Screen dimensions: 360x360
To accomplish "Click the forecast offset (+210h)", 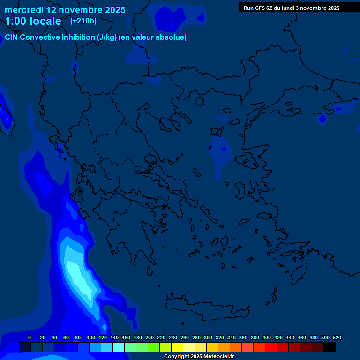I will tap(83, 21).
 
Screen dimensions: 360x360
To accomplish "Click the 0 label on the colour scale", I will tap(30, 337).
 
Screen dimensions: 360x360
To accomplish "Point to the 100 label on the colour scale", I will tap(90, 337).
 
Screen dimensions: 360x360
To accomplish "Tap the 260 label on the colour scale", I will tap(185, 337).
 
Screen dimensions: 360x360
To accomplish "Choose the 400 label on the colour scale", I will tap(267, 337).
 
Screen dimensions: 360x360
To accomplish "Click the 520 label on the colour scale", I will tap(337, 337).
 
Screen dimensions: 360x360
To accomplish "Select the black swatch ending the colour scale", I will tap(330, 347).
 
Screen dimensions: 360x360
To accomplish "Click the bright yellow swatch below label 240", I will tap(177, 347).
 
